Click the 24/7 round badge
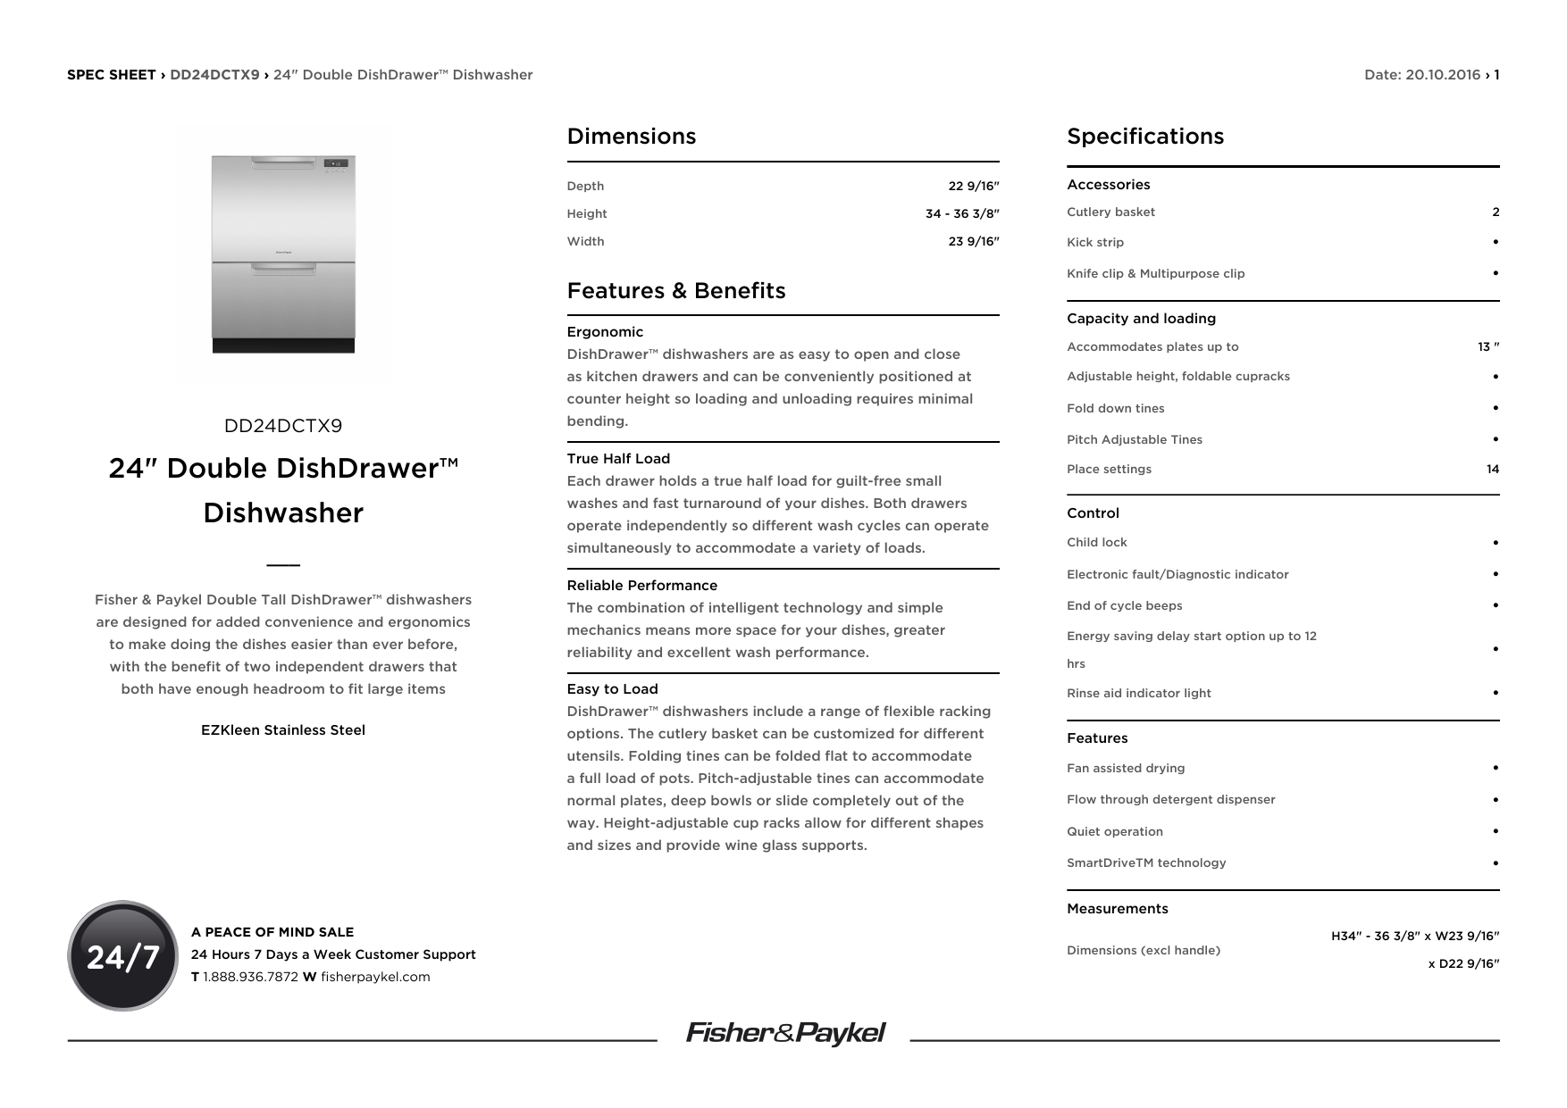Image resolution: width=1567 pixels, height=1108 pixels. click(x=122, y=955)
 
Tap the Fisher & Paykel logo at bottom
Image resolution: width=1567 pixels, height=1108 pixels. click(x=784, y=1033)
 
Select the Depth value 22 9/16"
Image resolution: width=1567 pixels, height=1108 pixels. click(x=973, y=186)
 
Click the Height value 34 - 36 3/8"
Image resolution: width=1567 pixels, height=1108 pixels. click(x=961, y=213)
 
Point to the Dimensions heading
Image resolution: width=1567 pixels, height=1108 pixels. click(x=631, y=137)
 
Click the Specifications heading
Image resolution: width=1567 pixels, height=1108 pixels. click(x=1144, y=137)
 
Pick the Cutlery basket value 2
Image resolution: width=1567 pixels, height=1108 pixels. click(x=1495, y=212)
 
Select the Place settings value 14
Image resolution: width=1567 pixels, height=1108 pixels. click(x=1492, y=470)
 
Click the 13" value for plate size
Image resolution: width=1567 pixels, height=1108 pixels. click(x=1487, y=347)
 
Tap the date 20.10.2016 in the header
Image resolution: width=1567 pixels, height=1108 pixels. click(x=1442, y=75)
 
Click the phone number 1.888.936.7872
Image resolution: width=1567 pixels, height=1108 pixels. click(x=250, y=977)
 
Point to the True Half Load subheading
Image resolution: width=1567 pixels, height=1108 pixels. click(x=618, y=459)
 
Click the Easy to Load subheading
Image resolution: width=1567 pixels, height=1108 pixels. click(x=612, y=689)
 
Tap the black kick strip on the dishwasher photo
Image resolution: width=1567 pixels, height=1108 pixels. click(x=283, y=346)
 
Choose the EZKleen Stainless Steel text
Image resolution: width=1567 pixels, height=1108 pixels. click(x=282, y=730)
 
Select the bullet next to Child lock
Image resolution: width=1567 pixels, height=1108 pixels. click(x=1495, y=543)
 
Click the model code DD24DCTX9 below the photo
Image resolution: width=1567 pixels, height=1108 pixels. click(x=282, y=426)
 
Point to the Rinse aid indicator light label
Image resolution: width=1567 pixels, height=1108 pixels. click(x=1138, y=694)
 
